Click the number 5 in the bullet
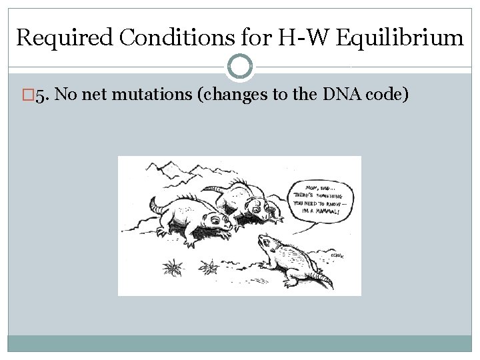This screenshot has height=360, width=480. pyautogui.click(x=39, y=95)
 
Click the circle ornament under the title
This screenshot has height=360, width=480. pyautogui.click(x=240, y=66)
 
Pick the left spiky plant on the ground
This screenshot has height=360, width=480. pyautogui.click(x=173, y=268)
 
